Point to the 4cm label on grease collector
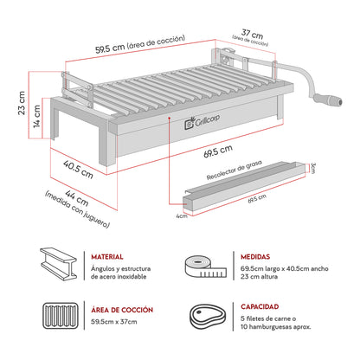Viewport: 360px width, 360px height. tap(182, 216)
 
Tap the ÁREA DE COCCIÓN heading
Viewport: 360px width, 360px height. tap(121, 309)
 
